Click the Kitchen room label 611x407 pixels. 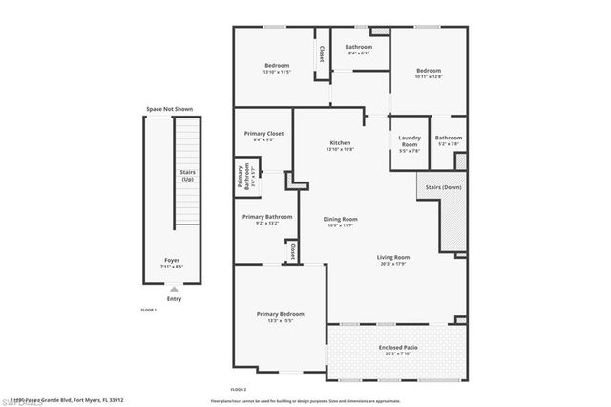tap(340, 142)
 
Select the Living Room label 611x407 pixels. tap(392, 257)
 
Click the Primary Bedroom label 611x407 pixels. tap(280, 314)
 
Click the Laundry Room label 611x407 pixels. tap(410, 141)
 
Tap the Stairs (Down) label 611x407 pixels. tap(444, 187)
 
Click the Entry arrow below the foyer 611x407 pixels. tap(174, 289)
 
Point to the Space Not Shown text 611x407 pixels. tap(169, 109)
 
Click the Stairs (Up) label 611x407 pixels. tap(188, 175)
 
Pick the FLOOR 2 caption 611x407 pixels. tap(239, 390)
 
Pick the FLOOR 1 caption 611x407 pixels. tap(148, 311)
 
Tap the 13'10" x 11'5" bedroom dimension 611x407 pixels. tap(276, 72)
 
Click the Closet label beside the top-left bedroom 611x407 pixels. tap(323, 54)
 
